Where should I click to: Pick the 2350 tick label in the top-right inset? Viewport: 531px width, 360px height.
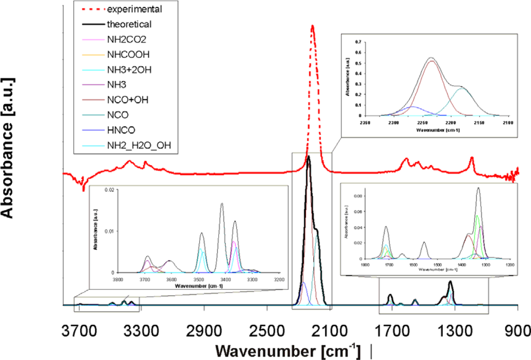364,123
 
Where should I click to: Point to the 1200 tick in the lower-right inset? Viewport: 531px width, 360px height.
509,264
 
